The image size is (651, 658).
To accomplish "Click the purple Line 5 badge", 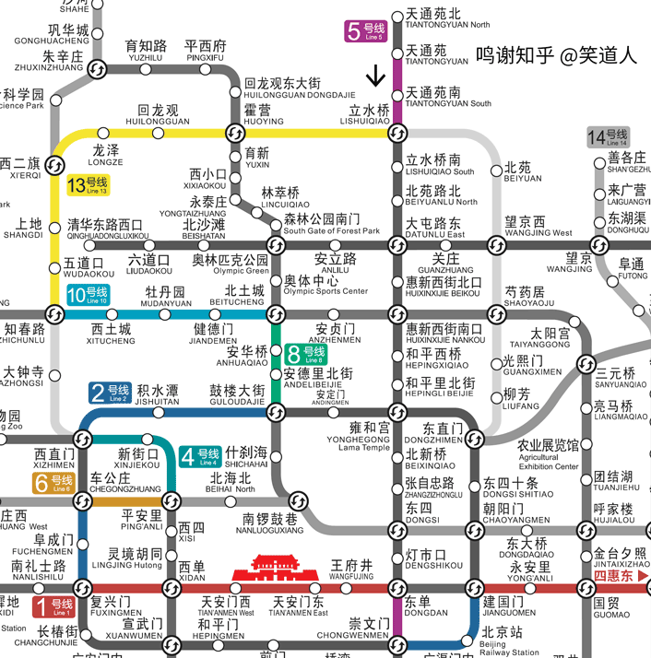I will tap(365, 31).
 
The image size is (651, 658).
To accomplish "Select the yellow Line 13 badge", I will tap(89, 185).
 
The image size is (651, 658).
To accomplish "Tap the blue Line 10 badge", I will tap(89, 296).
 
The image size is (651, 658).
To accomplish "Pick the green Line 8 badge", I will tap(308, 355).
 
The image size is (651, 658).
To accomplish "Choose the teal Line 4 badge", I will tap(201, 456).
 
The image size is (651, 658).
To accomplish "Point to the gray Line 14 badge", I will tap(609, 138).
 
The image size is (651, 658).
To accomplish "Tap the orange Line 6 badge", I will tap(53, 482).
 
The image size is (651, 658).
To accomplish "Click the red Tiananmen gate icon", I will tap(277, 570).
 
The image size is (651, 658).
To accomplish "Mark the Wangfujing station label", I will tap(351, 568).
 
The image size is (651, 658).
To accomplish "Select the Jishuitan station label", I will tap(157, 396).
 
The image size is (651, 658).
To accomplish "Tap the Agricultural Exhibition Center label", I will tap(549, 454).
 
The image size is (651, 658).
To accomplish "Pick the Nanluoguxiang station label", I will tap(270, 524).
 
